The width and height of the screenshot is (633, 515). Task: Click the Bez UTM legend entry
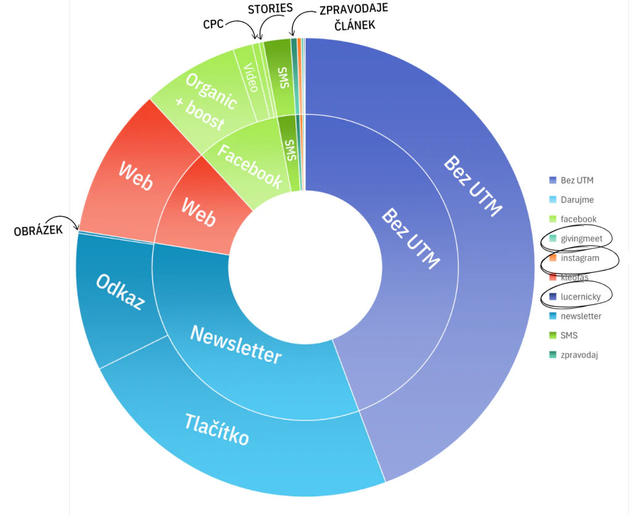571,180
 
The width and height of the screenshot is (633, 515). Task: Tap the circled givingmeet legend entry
576,239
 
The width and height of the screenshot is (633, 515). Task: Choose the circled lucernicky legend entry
576,297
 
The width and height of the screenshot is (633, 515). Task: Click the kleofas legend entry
569,277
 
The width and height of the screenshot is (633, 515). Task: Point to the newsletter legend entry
576,316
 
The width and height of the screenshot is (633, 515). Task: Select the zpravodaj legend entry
574,355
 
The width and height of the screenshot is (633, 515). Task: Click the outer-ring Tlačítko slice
226,440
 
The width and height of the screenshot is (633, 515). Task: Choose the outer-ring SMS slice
283,77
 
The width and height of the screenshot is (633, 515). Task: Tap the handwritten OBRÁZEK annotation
38,231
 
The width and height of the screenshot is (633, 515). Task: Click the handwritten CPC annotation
213,24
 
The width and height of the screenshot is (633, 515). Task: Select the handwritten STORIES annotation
270,9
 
